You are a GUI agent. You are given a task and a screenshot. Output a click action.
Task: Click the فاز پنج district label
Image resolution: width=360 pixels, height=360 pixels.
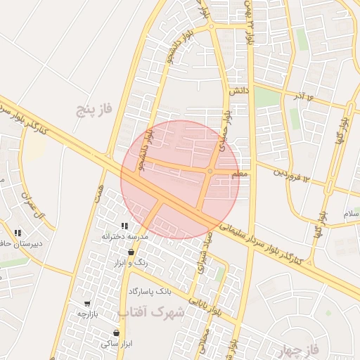[x=96, y=109]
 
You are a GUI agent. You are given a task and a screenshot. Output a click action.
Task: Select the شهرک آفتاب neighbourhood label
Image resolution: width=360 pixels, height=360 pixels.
[x=150, y=311]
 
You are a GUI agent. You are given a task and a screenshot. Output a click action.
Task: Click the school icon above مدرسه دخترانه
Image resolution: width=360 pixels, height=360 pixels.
[x=124, y=226]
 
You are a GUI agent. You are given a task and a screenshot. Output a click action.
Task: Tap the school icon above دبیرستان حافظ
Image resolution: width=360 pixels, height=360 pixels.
[x=18, y=233]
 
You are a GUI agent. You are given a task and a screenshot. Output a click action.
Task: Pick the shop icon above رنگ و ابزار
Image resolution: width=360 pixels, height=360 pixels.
[x=131, y=252]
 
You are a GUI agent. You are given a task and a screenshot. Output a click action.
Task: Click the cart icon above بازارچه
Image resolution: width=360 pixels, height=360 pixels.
[x=87, y=303]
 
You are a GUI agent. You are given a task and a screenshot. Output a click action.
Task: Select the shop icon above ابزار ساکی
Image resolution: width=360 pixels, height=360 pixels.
[x=116, y=333]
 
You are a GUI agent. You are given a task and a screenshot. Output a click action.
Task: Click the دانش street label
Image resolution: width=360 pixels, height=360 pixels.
[x=238, y=91]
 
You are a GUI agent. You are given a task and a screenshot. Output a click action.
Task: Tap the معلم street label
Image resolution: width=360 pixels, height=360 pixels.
[x=239, y=173]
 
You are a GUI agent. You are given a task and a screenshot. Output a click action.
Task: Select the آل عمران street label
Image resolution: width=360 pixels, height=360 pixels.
[x=34, y=204]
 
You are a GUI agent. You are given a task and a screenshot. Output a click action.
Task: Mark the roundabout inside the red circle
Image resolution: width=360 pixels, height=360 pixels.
[x=210, y=171]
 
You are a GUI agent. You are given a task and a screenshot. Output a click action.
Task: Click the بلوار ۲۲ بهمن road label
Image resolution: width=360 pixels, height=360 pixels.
[x=248, y=21]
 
